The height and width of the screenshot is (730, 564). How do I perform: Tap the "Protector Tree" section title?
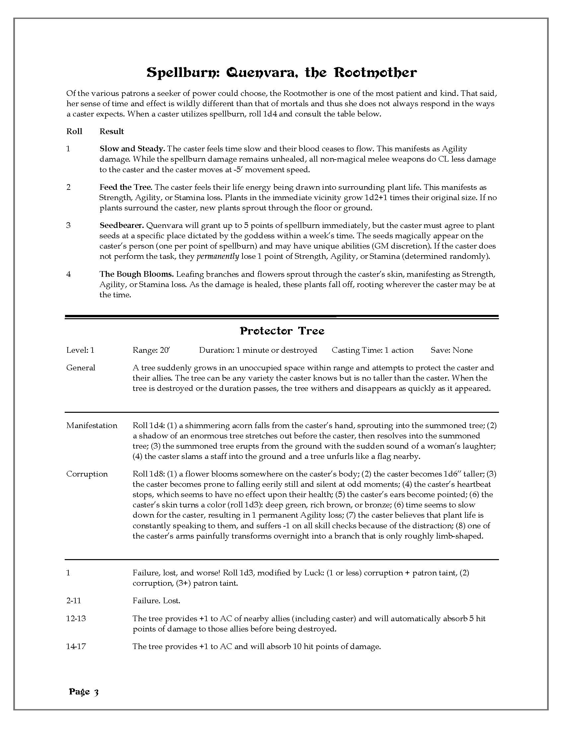282,331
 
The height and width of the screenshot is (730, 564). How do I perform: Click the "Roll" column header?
74,131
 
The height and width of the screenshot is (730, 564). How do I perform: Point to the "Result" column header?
111,131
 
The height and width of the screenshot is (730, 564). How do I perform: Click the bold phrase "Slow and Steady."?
132,149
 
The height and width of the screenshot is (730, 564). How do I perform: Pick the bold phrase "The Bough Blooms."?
136,274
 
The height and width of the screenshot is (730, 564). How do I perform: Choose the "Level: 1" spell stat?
80,350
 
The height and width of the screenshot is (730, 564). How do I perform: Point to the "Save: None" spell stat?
452,350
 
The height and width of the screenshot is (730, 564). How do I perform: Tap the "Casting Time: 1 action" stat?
372,350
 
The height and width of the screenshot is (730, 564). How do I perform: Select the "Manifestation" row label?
92,425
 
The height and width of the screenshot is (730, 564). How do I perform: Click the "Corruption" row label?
87,474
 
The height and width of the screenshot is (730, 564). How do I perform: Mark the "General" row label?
81,368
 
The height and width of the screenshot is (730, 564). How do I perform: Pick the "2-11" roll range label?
74,601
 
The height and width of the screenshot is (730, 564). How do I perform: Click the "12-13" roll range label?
76,619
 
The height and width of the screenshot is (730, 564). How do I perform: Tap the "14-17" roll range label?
76,646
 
